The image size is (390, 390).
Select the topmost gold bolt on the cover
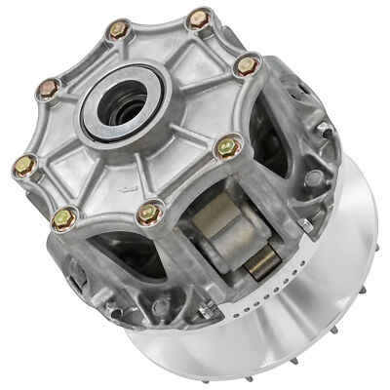coord(201,18)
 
